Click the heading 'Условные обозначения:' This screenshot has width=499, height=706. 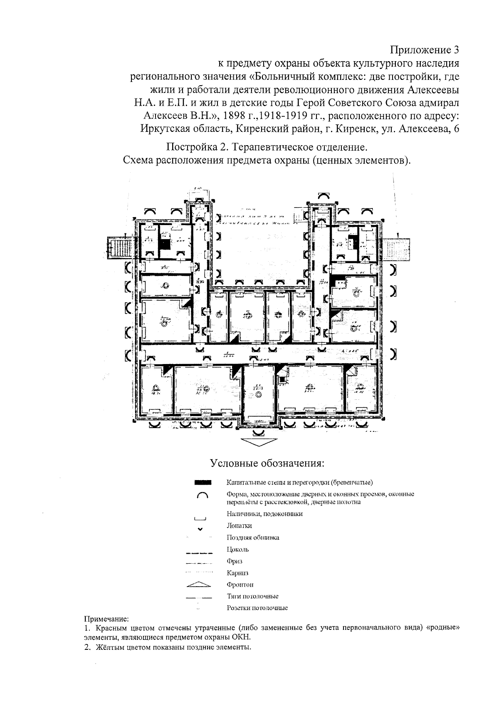(x=267, y=463)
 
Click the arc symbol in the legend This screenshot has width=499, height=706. (x=203, y=495)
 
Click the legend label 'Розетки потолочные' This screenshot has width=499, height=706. (x=257, y=608)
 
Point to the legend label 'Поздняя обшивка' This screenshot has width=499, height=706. (x=253, y=538)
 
